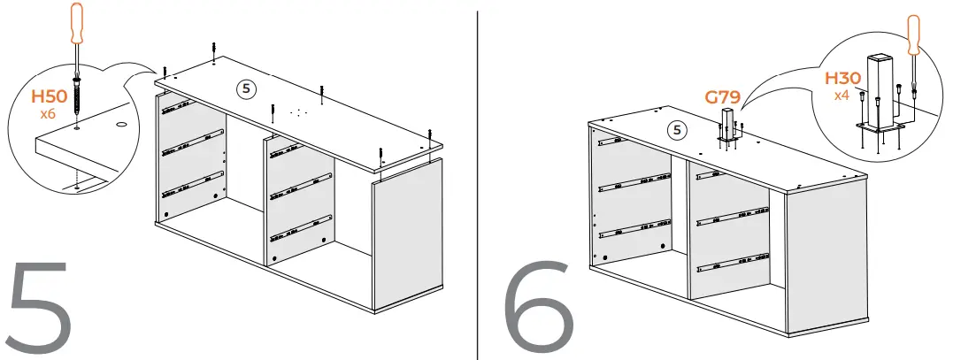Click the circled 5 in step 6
point(677,130)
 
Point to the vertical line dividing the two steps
point(478,177)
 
